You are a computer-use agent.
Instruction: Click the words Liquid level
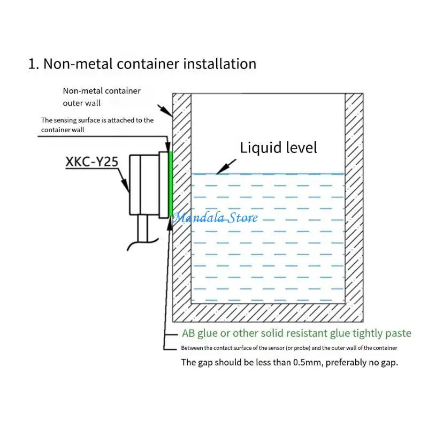click(x=278, y=147)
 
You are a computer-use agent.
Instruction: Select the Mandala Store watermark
click(x=215, y=218)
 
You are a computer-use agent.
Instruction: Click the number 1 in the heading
click(x=32, y=64)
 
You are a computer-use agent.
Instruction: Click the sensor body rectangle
click(x=143, y=185)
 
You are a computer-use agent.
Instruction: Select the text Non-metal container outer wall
click(x=102, y=97)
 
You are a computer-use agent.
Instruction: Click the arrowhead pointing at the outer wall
click(x=170, y=114)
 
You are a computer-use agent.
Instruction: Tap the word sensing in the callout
click(x=70, y=120)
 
